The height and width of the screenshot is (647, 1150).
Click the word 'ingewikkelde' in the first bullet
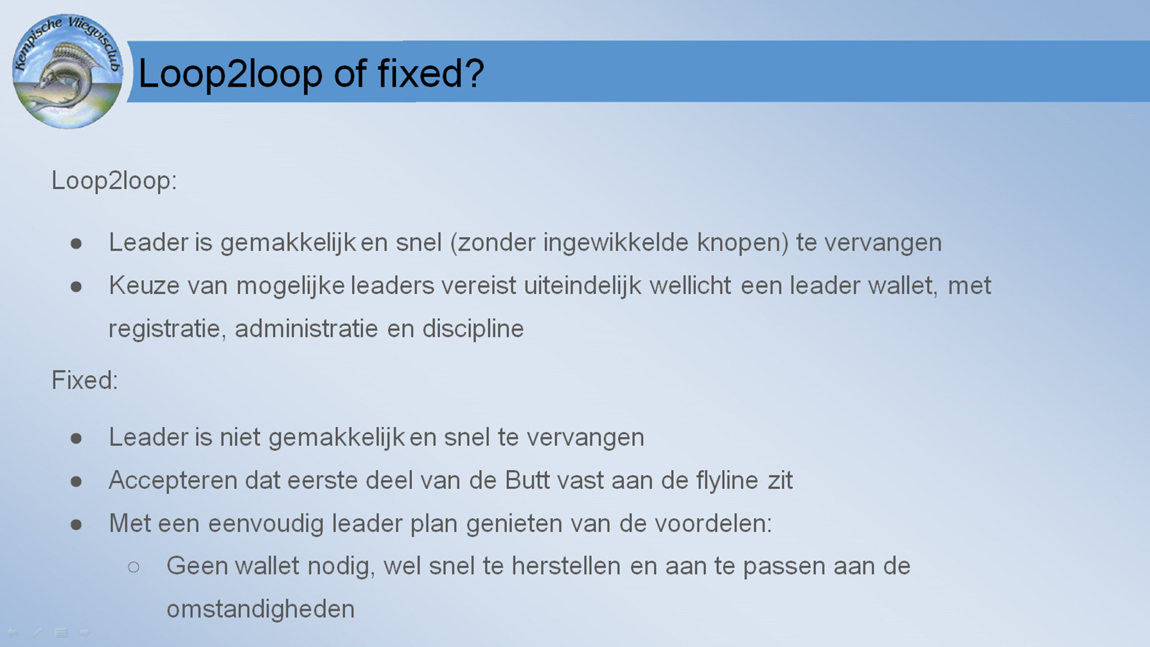pyautogui.click(x=616, y=243)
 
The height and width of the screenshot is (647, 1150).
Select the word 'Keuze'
pyautogui.click(x=144, y=285)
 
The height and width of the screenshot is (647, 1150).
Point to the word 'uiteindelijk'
pyautogui.click(x=583, y=286)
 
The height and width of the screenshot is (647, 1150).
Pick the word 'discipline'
pyautogui.click(x=473, y=329)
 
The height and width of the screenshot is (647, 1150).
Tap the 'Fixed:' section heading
pyautogui.click(x=85, y=380)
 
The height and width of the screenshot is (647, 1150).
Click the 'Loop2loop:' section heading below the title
pyautogui.click(x=115, y=181)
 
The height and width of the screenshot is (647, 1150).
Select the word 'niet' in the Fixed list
pyautogui.click(x=240, y=437)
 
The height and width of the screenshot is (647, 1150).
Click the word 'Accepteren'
pyautogui.click(x=173, y=480)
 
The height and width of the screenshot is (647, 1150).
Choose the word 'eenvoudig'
pyautogui.click(x=266, y=524)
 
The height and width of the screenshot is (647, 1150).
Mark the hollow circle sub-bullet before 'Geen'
pyautogui.click(x=133, y=567)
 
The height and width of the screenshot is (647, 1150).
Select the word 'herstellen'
pyautogui.click(x=566, y=566)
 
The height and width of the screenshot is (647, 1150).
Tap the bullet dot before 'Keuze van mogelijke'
pyautogui.click(x=76, y=287)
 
